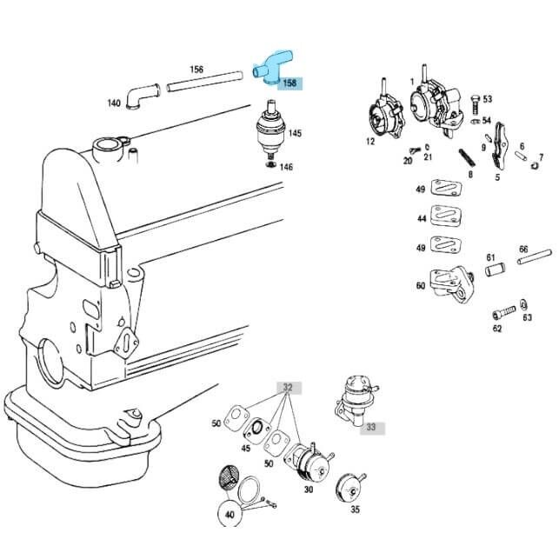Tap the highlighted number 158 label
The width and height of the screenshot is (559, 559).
(289, 83)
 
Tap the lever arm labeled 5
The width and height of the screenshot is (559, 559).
(500, 149)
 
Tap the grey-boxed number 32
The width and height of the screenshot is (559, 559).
(287, 388)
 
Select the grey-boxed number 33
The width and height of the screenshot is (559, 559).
(371, 427)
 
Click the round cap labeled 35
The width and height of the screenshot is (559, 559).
(354, 487)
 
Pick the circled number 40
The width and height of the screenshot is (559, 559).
(230, 515)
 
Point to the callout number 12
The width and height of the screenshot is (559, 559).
(370, 141)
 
